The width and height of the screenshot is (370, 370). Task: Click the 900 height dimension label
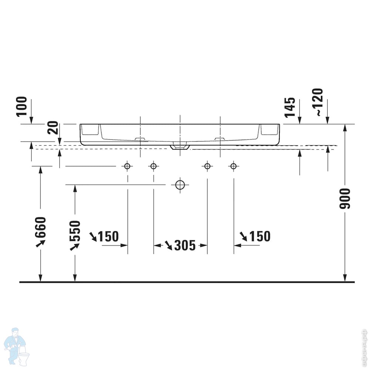(345, 199)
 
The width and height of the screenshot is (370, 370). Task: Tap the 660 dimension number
(40, 228)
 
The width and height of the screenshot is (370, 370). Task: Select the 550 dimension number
(75, 231)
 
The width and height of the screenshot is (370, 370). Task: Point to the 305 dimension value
(185, 245)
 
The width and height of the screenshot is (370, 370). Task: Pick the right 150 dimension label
(260, 236)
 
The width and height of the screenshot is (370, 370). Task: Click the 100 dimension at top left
(21, 107)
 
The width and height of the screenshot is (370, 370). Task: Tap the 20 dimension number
(53, 128)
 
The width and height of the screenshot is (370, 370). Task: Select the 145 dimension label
(290, 107)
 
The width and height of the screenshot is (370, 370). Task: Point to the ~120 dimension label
(317, 102)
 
